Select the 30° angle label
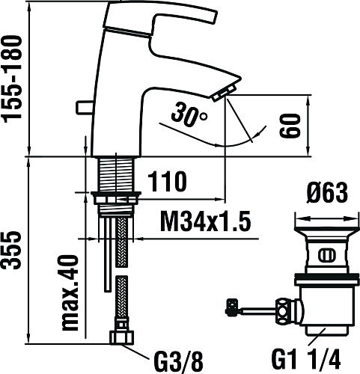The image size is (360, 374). click(189, 115)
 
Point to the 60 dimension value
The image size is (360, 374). click(290, 126)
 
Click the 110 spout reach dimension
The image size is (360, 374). click(167, 181)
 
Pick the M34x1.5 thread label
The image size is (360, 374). click(205, 221)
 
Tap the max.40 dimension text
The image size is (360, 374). click(70, 292)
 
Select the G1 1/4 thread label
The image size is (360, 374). click(306, 359)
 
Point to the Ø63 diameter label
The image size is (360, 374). click(327, 193)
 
